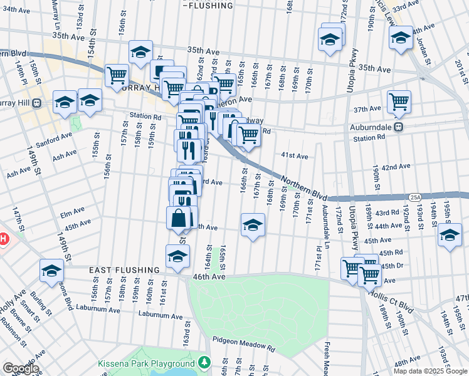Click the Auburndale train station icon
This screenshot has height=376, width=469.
[399, 127]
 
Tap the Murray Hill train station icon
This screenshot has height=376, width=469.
[37, 103]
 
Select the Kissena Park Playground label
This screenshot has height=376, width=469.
[146, 363]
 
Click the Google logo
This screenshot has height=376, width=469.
[21, 368]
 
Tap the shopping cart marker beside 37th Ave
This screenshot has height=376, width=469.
[399, 101]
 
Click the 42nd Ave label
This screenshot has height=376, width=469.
[396, 167]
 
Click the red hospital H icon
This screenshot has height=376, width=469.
[3, 239]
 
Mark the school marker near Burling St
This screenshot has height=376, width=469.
[52, 270]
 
